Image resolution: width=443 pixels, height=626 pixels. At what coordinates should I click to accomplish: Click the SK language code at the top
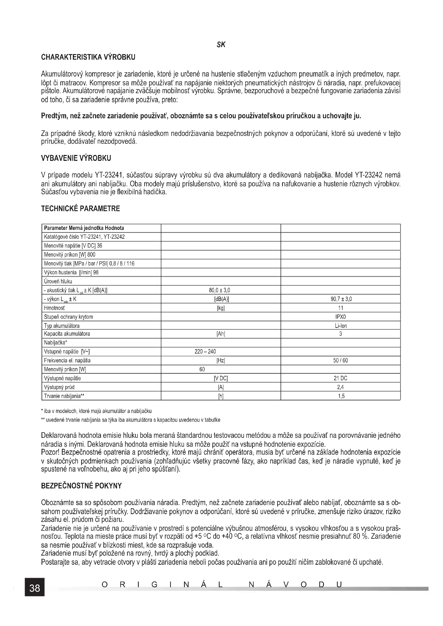click(x=221, y=45)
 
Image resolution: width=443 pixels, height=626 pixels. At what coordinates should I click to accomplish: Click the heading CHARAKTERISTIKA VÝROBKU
click(x=88, y=58)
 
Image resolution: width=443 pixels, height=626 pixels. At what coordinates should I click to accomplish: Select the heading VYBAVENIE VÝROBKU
click(x=76, y=158)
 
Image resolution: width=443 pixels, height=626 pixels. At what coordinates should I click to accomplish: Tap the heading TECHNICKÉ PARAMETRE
click(x=80, y=209)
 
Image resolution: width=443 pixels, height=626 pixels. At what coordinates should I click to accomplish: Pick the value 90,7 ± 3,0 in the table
click(x=341, y=299)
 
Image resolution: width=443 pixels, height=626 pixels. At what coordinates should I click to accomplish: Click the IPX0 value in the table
click(x=341, y=317)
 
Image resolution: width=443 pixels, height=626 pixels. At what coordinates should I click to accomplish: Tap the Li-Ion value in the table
click(x=341, y=326)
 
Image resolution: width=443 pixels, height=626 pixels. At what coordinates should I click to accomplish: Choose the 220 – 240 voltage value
click(x=205, y=352)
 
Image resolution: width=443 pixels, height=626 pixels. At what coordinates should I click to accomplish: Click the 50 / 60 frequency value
click(x=340, y=361)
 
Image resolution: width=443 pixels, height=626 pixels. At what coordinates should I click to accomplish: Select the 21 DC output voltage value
click(x=340, y=378)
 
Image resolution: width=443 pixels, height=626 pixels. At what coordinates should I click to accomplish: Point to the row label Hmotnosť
click(x=55, y=308)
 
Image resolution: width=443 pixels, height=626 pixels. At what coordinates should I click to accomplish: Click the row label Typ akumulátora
click(x=62, y=326)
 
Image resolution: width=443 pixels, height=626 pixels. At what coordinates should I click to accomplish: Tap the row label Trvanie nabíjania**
click(x=64, y=396)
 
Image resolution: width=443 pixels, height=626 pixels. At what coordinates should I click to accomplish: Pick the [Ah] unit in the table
click(x=221, y=334)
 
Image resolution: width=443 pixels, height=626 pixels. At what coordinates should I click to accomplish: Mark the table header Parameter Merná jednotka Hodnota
click(x=84, y=228)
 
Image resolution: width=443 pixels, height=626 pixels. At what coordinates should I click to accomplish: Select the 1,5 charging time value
click(x=341, y=396)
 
